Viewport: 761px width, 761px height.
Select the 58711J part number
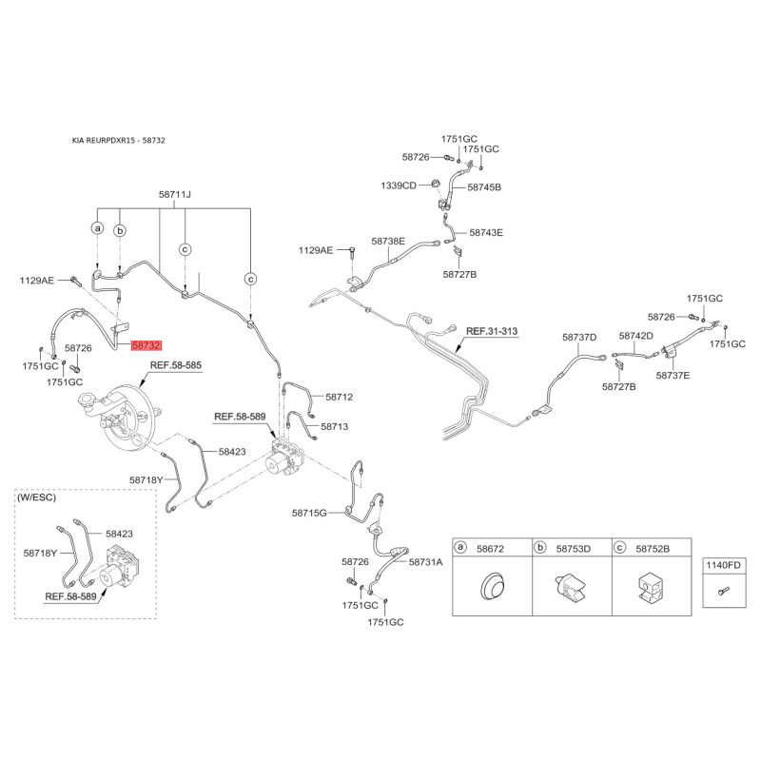(x=175, y=195)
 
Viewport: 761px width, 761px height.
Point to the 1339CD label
(x=400, y=185)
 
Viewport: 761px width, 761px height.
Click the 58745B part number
(x=483, y=187)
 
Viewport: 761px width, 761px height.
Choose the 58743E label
(x=485, y=232)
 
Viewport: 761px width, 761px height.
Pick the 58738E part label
(x=388, y=242)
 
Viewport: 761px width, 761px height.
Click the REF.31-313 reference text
(x=492, y=332)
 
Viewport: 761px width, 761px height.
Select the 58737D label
(x=578, y=337)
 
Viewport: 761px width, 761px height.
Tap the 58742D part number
(x=635, y=336)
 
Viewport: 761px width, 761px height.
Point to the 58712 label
(x=339, y=397)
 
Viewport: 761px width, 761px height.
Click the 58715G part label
(x=309, y=513)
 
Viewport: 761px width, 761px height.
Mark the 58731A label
(x=426, y=562)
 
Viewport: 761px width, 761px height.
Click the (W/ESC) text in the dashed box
(x=38, y=498)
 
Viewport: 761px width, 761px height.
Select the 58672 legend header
(x=493, y=548)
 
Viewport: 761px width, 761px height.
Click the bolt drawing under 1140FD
(x=720, y=593)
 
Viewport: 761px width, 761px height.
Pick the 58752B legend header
(x=653, y=548)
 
